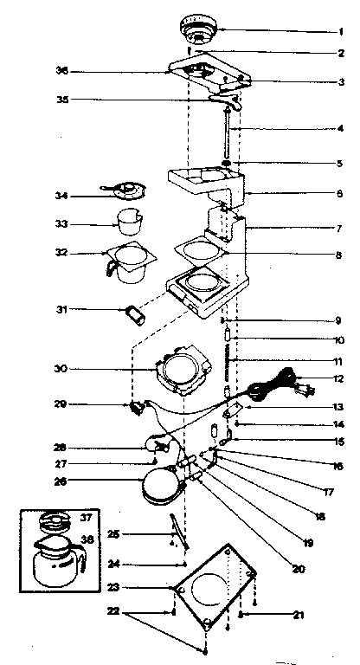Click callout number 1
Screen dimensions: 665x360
coord(340,31)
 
